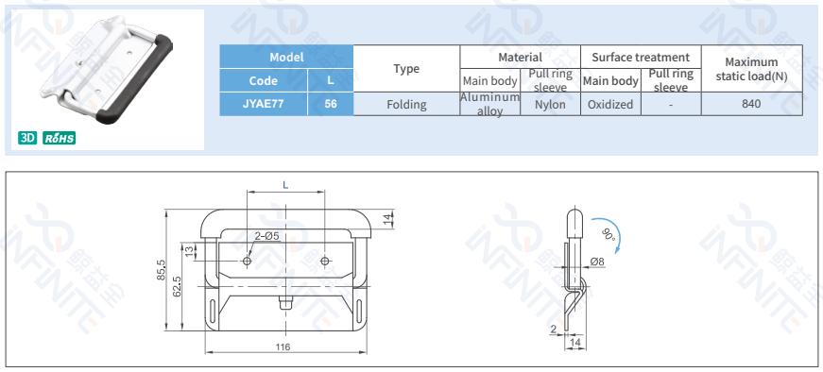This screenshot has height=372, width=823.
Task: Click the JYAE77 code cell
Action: click(264, 104)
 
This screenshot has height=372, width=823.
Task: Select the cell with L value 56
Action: click(331, 104)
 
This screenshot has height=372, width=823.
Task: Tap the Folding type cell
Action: click(407, 105)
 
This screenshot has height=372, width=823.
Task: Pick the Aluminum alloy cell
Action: click(489, 105)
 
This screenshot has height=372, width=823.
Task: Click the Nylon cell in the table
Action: click(550, 105)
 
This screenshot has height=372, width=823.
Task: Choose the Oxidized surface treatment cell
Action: click(610, 105)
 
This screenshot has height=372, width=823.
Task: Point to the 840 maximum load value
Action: click(751, 104)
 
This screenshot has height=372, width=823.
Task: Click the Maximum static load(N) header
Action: click(751, 69)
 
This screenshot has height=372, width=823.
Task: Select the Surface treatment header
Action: click(641, 57)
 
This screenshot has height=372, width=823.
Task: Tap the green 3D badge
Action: click(27, 138)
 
